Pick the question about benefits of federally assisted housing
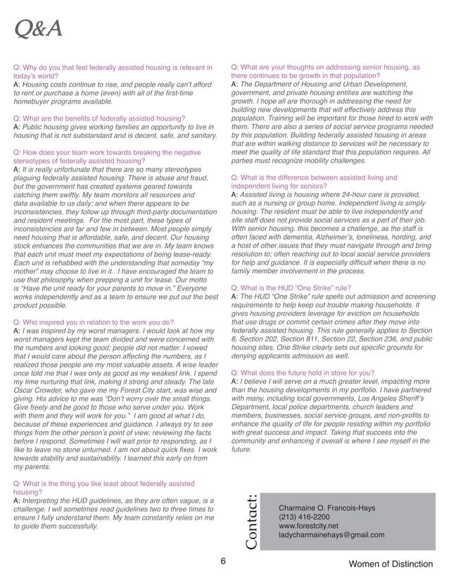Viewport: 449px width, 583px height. [x=99, y=118]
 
